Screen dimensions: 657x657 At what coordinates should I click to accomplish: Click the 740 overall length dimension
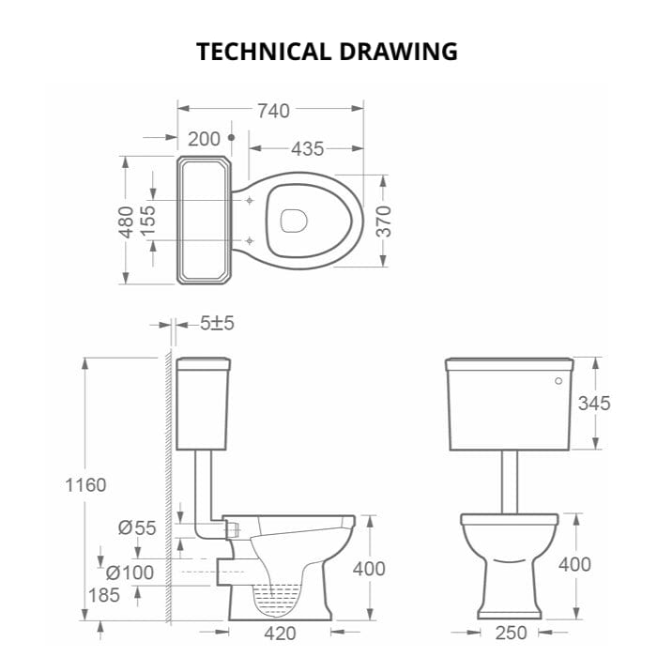272,111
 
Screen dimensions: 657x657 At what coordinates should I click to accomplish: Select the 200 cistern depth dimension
204,139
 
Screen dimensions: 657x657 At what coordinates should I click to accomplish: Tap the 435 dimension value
307,148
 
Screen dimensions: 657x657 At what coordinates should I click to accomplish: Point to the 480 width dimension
126,221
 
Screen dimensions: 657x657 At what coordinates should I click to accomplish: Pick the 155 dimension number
148,221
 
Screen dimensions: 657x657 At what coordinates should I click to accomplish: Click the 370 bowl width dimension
383,221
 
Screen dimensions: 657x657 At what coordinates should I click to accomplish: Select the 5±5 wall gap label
217,324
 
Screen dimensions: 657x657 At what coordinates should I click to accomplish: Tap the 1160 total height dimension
85,485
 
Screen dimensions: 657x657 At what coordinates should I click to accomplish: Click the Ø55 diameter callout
137,527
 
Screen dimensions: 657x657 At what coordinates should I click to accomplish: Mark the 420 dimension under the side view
282,634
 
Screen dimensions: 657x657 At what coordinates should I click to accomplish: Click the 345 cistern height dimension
593,404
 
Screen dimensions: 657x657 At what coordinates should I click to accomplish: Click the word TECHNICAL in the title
263,51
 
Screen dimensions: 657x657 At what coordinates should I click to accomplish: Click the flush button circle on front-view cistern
558,382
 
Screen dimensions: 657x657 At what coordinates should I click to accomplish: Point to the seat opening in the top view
294,221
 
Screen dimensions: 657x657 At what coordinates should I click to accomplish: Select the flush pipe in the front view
511,481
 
